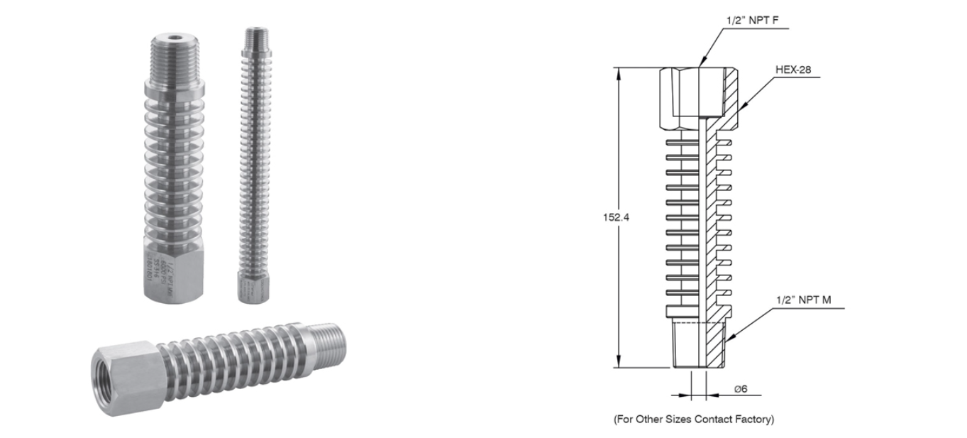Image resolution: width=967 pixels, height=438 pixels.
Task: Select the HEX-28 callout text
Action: (x=793, y=70)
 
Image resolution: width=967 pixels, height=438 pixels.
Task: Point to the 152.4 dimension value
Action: (x=604, y=217)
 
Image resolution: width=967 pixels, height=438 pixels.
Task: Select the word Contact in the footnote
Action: (x=717, y=420)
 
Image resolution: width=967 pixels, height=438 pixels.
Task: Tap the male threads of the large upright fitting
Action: (x=175, y=60)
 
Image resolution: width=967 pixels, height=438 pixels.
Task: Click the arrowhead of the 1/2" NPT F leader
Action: (x=700, y=65)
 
